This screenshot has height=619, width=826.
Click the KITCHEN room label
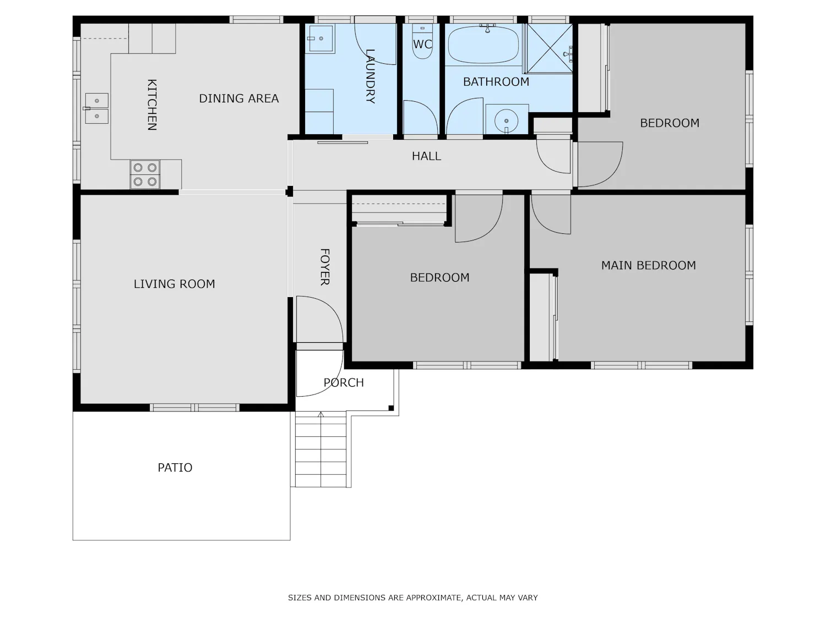[x=152, y=105]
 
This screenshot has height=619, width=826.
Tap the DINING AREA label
[x=238, y=98]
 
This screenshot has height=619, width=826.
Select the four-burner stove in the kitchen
[x=145, y=174]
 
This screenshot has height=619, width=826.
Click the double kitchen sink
[x=97, y=108]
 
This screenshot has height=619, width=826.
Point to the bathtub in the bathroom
[x=483, y=45]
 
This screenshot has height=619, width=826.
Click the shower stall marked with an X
[x=550, y=48]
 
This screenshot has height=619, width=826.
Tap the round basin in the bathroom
[x=506, y=120]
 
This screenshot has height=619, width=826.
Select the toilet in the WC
[x=422, y=42]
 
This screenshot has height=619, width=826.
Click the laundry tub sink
[x=320, y=39]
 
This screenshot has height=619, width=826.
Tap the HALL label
[x=426, y=156]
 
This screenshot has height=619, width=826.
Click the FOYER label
[x=325, y=267]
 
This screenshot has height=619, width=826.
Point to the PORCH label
[x=344, y=382]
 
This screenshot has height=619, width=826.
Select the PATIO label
[x=175, y=468]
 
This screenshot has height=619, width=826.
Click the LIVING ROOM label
[x=174, y=284]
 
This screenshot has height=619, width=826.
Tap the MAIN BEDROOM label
[x=648, y=265]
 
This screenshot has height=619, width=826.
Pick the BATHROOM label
[x=496, y=81]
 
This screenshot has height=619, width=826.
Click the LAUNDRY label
[x=370, y=76]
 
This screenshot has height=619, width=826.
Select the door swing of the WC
[x=421, y=117]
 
